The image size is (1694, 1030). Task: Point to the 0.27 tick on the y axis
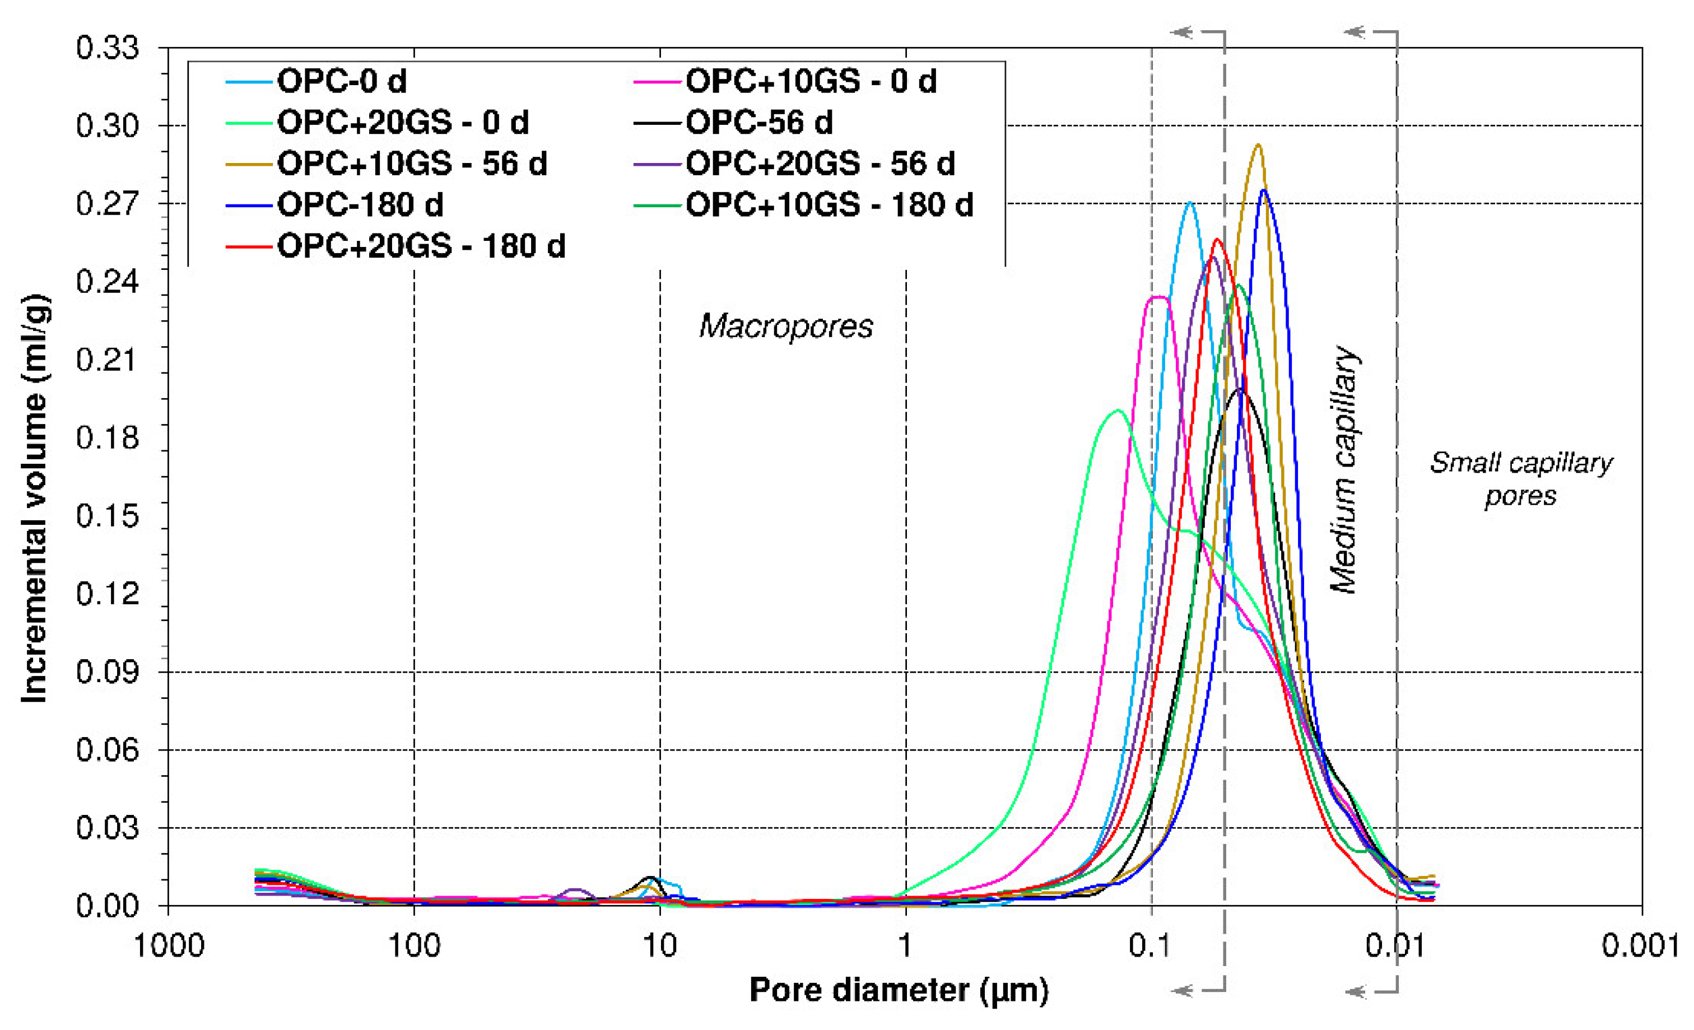pos(107,203)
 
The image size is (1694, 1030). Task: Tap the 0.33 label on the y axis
pos(107,48)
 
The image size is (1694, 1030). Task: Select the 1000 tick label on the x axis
pos(169,947)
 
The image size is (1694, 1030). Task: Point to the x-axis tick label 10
pos(660,947)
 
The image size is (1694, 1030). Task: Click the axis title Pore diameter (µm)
pos(899,991)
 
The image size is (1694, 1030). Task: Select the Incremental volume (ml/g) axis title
pos(34,498)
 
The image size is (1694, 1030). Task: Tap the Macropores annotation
pos(786,326)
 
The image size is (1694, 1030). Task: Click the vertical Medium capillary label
pos(1344,469)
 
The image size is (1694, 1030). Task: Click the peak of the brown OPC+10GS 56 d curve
pos(1258,145)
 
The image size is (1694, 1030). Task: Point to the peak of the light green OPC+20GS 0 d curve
pos(1118,411)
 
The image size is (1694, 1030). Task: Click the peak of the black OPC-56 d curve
pos(1241,390)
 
